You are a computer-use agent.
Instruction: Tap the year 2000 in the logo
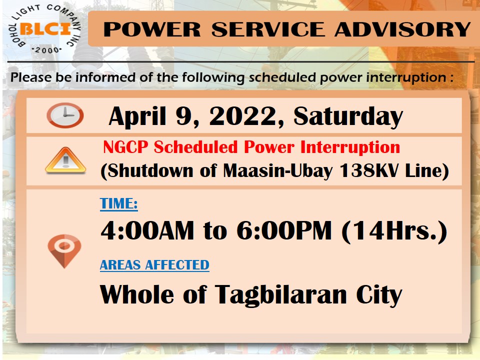(x=47, y=50)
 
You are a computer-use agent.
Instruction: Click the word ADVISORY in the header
(x=402, y=29)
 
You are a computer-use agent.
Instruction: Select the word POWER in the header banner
(x=152, y=29)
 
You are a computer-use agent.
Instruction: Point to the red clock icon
(x=65, y=115)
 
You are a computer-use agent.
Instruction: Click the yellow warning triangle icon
(x=65, y=160)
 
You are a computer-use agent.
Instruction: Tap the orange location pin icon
(x=64, y=250)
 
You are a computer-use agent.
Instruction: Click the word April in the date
(x=137, y=116)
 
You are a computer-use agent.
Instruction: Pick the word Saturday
(x=348, y=116)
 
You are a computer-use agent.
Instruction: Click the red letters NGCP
(x=125, y=147)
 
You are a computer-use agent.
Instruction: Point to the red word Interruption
(x=350, y=147)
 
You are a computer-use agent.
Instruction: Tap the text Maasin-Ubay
(x=277, y=170)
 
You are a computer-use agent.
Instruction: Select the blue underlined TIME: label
(x=119, y=203)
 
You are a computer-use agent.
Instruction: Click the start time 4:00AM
(x=147, y=230)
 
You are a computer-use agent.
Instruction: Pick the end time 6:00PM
(x=284, y=230)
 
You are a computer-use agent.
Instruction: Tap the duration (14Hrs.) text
(x=394, y=231)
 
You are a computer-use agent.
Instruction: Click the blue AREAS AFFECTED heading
(x=154, y=265)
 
